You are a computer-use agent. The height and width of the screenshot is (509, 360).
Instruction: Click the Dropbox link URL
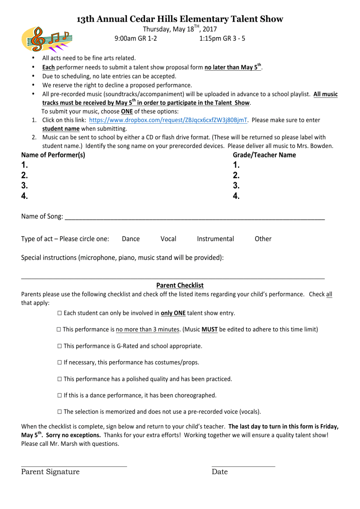[x=168, y=120]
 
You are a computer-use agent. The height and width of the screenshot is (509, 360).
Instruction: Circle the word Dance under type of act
[x=131, y=239]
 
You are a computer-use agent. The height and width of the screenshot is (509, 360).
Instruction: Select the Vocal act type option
[x=168, y=239]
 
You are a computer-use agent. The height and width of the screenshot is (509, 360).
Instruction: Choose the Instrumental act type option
[x=215, y=239]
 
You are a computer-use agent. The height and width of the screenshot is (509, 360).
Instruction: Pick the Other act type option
[x=263, y=239]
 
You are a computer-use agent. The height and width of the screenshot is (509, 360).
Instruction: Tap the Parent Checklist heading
[x=180, y=286]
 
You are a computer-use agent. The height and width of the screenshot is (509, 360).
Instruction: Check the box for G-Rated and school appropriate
[x=60, y=346]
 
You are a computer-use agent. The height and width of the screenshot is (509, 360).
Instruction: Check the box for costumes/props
[x=60, y=362]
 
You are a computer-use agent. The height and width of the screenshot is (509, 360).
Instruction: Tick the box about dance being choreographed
[x=60, y=395]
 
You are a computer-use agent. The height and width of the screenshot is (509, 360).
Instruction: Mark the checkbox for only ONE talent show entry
[x=60, y=313]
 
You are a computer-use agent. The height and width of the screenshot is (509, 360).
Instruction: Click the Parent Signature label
[x=50, y=472]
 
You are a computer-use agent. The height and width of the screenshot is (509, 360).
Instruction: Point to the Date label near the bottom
[x=220, y=472]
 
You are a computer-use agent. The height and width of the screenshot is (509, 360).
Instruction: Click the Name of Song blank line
[x=195, y=218]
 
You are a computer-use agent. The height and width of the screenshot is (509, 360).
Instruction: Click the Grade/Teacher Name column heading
[x=264, y=155]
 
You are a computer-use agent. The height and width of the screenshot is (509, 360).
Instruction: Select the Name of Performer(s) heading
[x=53, y=155]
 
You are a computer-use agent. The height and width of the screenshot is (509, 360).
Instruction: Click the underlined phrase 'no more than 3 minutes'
[x=148, y=329]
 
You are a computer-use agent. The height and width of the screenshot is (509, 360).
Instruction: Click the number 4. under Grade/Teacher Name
[x=236, y=196]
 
